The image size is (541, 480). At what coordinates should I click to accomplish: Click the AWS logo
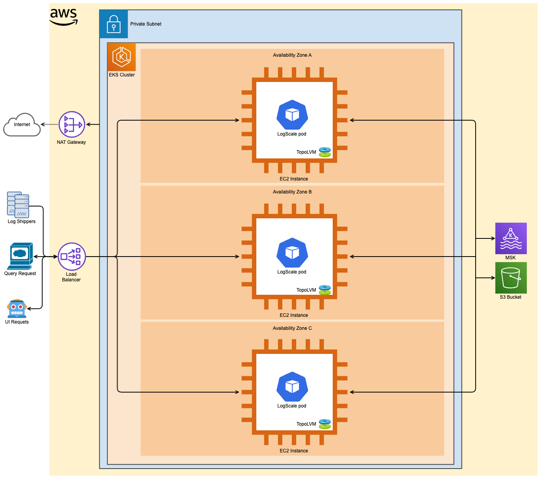(63, 17)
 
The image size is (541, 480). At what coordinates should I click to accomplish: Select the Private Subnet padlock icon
(114, 24)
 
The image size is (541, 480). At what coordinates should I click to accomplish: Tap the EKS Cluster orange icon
(122, 57)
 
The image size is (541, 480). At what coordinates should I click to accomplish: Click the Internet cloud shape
(22, 125)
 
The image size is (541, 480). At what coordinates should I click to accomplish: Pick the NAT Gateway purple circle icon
(72, 125)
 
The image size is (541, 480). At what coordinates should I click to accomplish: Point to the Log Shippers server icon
(18, 205)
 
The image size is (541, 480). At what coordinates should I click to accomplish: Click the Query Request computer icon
(20, 256)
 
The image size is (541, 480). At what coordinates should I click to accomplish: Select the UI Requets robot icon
(17, 309)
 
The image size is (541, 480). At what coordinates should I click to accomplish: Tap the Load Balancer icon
(72, 257)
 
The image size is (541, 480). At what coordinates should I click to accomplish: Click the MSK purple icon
(511, 238)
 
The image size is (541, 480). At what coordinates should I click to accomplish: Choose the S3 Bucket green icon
(511, 278)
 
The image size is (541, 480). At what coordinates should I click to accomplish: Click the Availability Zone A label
(292, 55)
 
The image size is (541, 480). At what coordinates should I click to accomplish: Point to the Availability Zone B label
(292, 192)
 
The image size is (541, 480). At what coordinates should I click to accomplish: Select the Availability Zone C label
(292, 328)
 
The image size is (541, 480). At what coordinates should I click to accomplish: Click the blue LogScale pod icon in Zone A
(292, 115)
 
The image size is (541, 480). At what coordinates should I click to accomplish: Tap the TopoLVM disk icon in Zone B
(325, 290)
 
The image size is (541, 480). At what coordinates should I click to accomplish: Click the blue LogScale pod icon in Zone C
(292, 387)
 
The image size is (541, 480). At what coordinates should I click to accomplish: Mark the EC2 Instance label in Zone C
(294, 451)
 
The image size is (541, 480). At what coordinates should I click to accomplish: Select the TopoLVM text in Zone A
(306, 152)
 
